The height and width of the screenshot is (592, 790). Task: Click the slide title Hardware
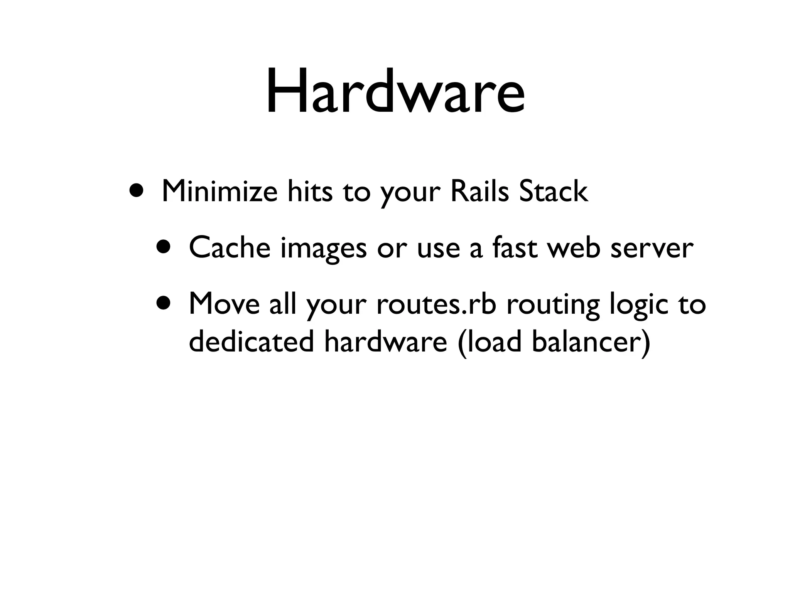pyautogui.click(x=395, y=91)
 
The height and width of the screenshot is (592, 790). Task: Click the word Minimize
pyautogui.click(x=219, y=191)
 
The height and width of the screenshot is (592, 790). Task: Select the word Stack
pyautogui.click(x=554, y=191)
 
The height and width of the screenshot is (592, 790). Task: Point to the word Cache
pyautogui.click(x=230, y=248)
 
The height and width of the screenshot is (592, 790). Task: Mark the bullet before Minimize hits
pyautogui.click(x=138, y=190)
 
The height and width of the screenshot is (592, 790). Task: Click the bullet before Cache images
pyautogui.click(x=165, y=247)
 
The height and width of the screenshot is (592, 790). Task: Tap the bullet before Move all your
pyautogui.click(x=165, y=303)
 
